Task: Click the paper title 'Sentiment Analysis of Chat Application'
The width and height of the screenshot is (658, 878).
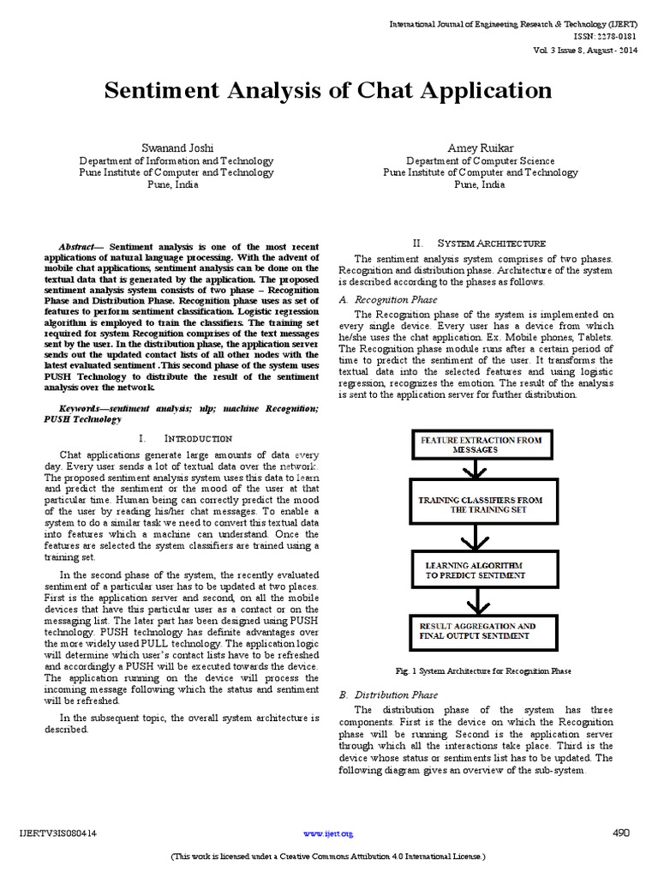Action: point(328,91)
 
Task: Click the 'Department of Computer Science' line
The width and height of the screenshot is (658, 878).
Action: point(480,161)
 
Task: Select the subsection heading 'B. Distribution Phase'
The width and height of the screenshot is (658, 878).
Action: point(388,695)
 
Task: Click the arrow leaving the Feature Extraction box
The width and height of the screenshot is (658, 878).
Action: point(474,472)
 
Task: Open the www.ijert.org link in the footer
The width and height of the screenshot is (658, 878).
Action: point(328,833)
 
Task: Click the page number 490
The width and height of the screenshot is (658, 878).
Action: point(622,833)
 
